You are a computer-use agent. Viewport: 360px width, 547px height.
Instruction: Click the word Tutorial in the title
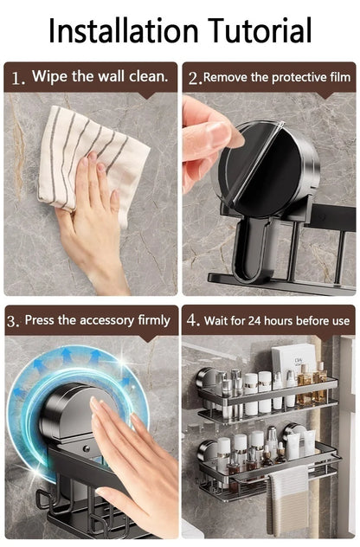click(257, 31)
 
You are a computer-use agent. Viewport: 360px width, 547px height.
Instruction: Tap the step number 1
click(16, 79)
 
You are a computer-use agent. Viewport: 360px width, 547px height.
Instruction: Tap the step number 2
click(194, 79)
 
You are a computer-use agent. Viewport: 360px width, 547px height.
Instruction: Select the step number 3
click(13, 321)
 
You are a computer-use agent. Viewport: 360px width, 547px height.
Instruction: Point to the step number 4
click(192, 321)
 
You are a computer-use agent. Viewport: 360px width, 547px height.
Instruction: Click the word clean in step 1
click(148, 77)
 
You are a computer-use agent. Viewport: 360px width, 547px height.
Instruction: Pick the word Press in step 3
click(40, 320)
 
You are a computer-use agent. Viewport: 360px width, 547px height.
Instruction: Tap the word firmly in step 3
click(154, 320)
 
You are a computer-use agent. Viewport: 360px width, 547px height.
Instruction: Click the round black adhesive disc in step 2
click(260, 169)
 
